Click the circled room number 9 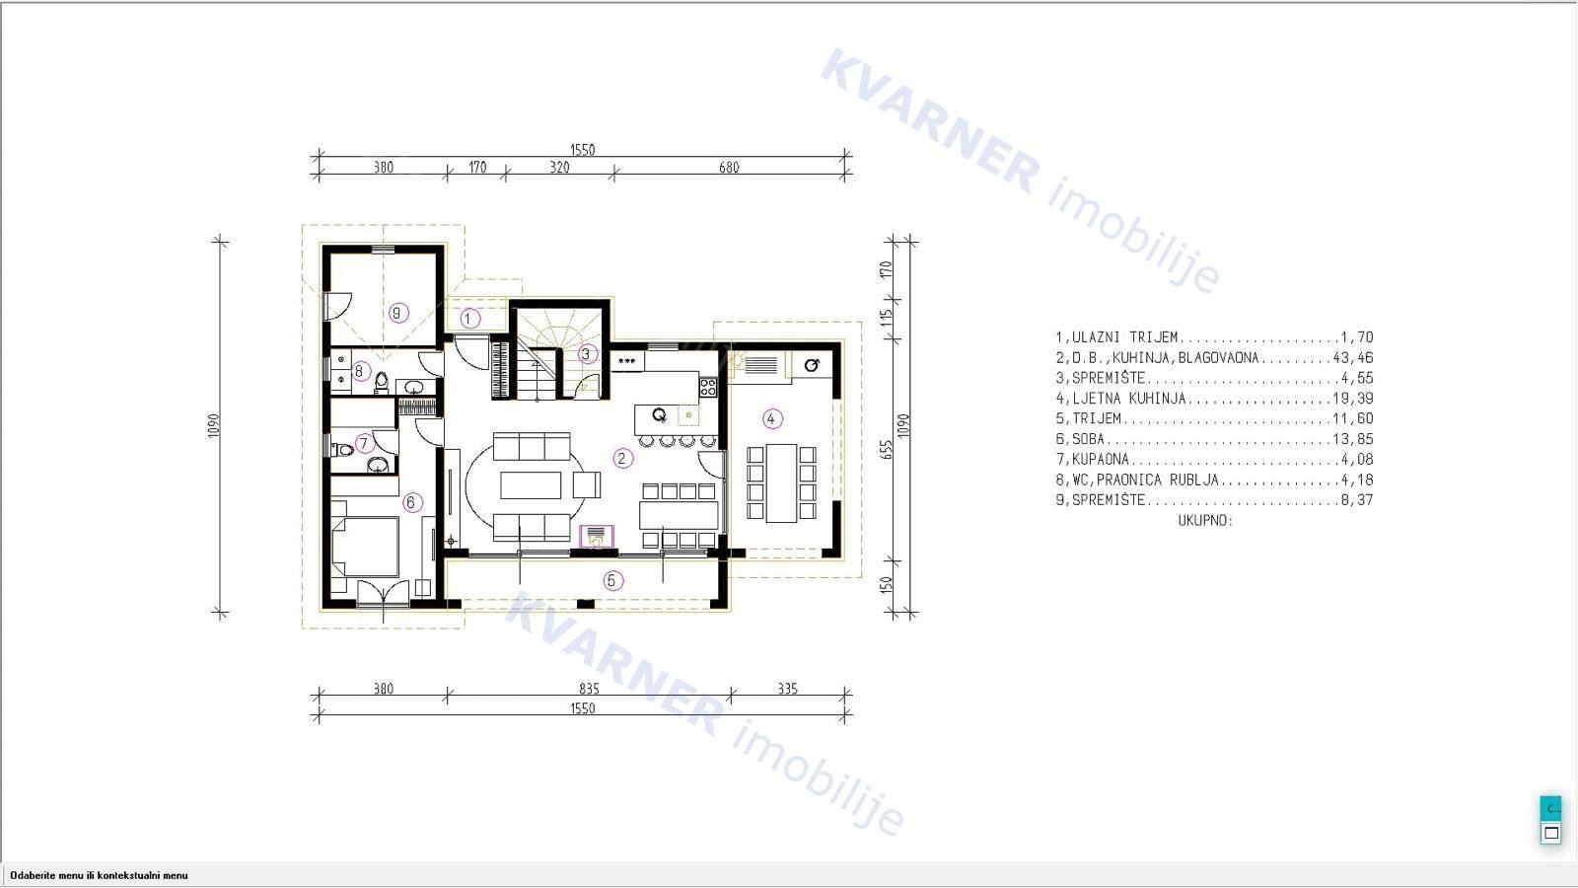tap(398, 312)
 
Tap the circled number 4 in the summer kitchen tap(772, 419)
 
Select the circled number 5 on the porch tap(612, 581)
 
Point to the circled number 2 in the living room tap(622, 459)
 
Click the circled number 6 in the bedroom tap(412, 502)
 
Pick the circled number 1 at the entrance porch tap(469, 319)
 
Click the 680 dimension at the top tap(729, 168)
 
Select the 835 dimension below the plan tap(589, 689)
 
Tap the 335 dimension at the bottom tap(788, 689)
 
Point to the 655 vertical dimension tap(887, 450)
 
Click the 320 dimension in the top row tap(559, 168)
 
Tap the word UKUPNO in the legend tap(1206, 521)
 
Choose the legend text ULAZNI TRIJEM tap(1125, 337)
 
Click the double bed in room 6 tap(365, 547)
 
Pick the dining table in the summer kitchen tap(781, 482)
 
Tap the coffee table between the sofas tap(531, 484)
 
